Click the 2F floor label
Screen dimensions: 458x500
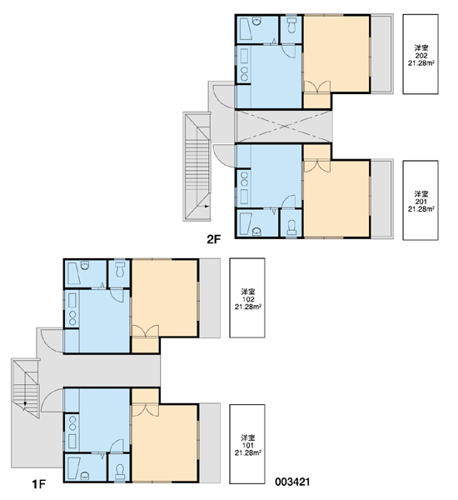tap(213, 239)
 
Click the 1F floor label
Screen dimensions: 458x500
tap(39, 484)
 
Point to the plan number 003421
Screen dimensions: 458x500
tap(292, 482)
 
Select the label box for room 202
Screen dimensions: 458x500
tap(421, 54)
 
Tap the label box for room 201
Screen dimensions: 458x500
tap(421, 200)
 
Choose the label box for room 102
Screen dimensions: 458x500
tap(247, 297)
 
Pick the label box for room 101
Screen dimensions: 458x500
tap(247, 444)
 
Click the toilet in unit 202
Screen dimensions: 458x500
tap(291, 25)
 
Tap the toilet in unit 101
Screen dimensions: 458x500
tap(120, 472)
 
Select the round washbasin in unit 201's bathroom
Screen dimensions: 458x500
tap(256, 232)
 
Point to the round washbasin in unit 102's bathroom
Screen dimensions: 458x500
tap(85, 265)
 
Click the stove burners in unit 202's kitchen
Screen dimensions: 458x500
tap(245, 74)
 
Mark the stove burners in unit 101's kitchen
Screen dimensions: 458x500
tap(72, 422)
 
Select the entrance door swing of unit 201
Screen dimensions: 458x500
tap(224, 155)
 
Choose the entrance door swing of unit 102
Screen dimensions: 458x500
tap(52, 341)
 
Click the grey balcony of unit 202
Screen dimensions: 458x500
tap(381, 54)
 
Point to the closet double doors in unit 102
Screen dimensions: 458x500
tap(146, 331)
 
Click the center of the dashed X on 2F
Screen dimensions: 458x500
tap(284, 127)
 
